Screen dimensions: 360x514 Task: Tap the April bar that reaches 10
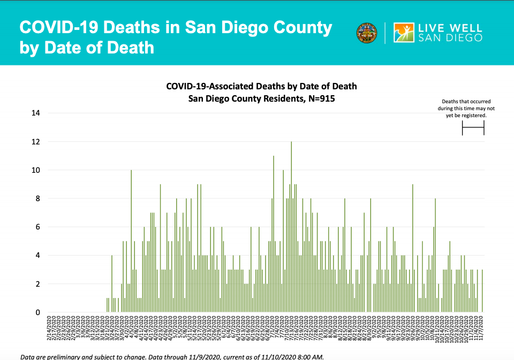point(131,241)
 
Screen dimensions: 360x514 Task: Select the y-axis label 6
point(37,227)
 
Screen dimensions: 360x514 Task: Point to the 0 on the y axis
point(37,312)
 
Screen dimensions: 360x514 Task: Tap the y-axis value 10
point(36,170)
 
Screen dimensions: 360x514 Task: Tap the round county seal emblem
point(366,33)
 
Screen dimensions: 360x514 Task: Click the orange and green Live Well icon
point(403,33)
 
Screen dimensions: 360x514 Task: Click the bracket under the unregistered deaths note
point(473,127)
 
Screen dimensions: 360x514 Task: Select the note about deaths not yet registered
point(466,108)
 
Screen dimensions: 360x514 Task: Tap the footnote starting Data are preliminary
point(171,356)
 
